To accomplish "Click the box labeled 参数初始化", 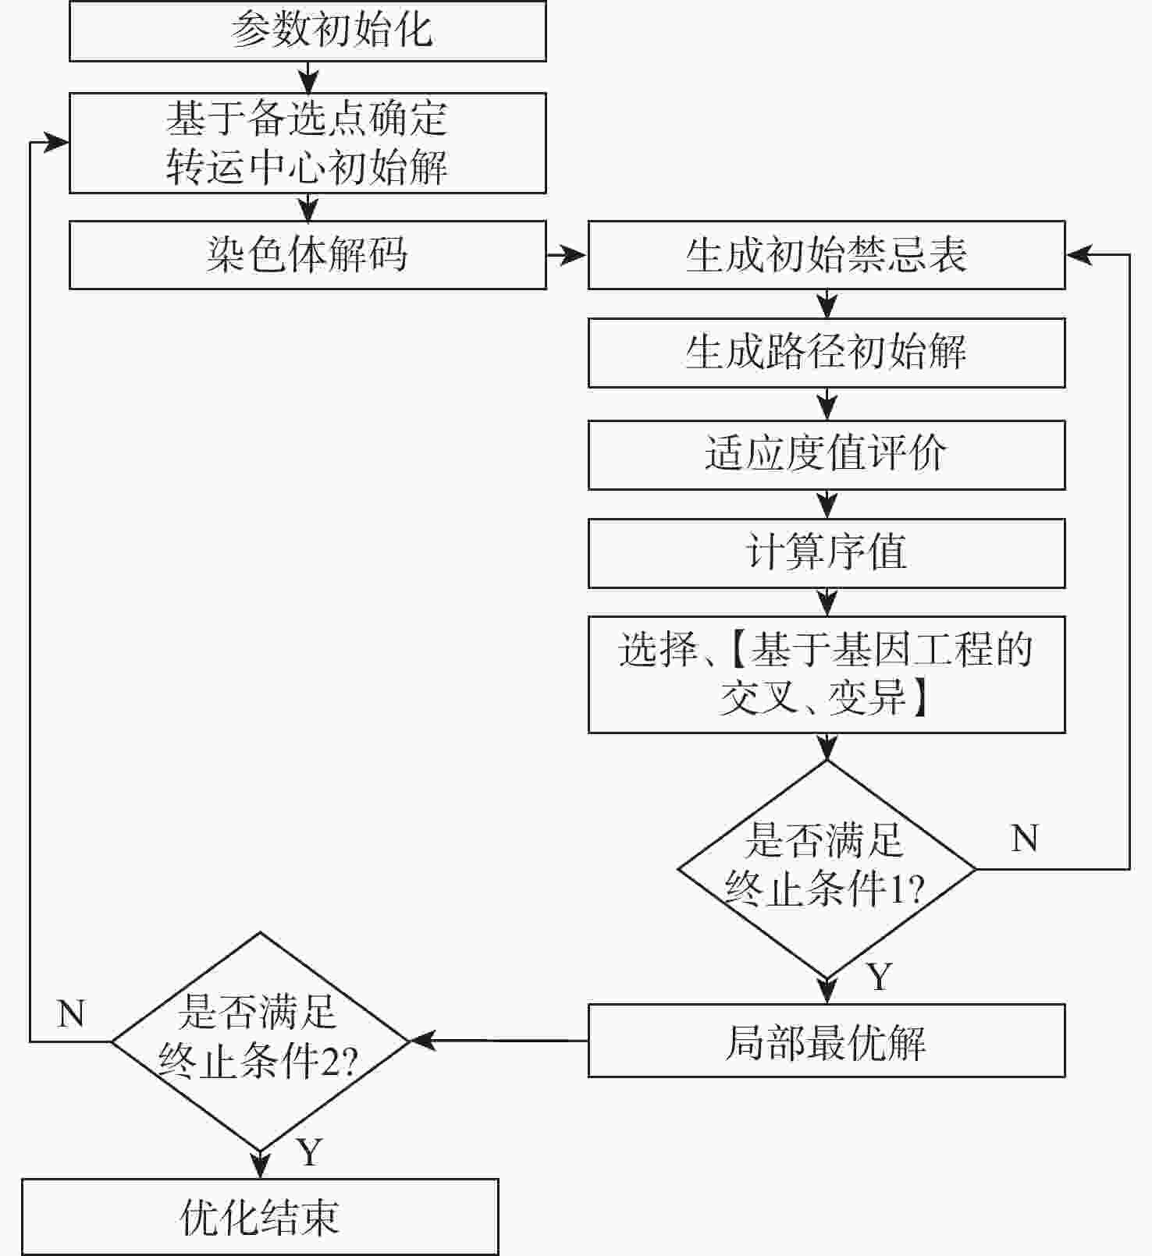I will [x=308, y=31].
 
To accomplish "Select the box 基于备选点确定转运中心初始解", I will [x=308, y=143].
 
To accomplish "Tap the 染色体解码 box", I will [x=308, y=255].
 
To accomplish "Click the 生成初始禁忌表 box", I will [x=827, y=255].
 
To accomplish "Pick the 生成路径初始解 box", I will [x=827, y=353].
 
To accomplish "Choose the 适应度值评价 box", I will [x=827, y=455].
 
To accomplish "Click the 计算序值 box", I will [x=827, y=553].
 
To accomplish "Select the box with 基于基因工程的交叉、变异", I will [x=827, y=674].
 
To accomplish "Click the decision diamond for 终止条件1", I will [x=827, y=868].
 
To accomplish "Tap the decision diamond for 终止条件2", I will [x=260, y=1041].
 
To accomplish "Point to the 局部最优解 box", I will [x=827, y=1041].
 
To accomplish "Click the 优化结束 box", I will [x=260, y=1217].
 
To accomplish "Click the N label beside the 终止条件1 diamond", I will [x=1024, y=839].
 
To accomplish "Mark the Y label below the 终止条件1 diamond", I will [x=880, y=977].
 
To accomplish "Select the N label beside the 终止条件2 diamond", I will [x=71, y=1014].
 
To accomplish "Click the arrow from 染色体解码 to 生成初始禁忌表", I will [x=567, y=255].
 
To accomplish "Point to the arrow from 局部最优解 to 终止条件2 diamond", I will [x=500, y=1041].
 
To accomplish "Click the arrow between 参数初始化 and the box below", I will [x=308, y=77].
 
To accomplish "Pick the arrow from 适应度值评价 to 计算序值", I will [x=827, y=505].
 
